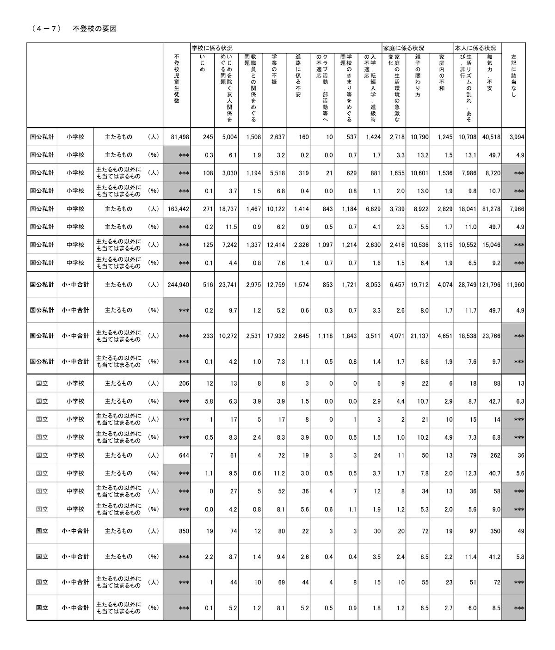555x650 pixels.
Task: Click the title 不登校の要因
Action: [x=94, y=29]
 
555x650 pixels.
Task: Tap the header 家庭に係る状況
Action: [x=403, y=48]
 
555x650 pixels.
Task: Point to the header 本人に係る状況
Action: [x=475, y=48]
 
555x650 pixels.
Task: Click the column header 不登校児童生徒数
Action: [x=177, y=79]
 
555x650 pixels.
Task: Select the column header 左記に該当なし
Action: [x=513, y=76]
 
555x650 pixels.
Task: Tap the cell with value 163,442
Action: [x=178, y=209]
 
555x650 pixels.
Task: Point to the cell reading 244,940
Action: [x=178, y=285]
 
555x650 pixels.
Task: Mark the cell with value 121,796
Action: [x=490, y=285]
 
